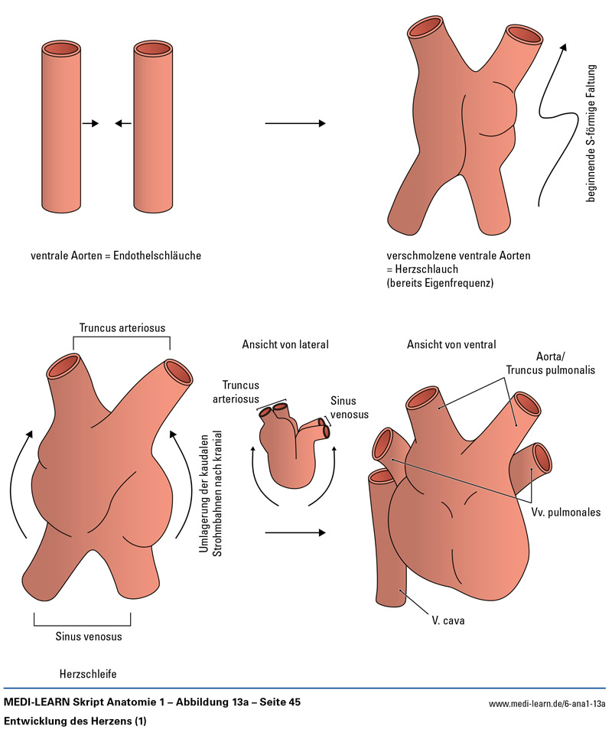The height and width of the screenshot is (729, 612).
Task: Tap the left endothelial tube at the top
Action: coord(60,126)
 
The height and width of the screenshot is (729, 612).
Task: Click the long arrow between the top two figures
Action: coord(295,124)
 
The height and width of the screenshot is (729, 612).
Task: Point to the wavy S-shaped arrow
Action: coord(552,122)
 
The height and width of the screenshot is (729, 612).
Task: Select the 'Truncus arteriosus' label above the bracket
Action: coord(122,328)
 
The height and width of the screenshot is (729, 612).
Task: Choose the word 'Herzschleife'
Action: coord(89,674)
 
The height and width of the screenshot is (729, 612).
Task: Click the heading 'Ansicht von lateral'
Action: coord(285,344)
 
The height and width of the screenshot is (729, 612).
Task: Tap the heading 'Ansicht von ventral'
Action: coord(451,344)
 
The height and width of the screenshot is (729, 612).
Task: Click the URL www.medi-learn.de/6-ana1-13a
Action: coord(546,704)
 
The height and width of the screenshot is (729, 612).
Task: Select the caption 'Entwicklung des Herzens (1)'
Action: coord(75,721)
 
